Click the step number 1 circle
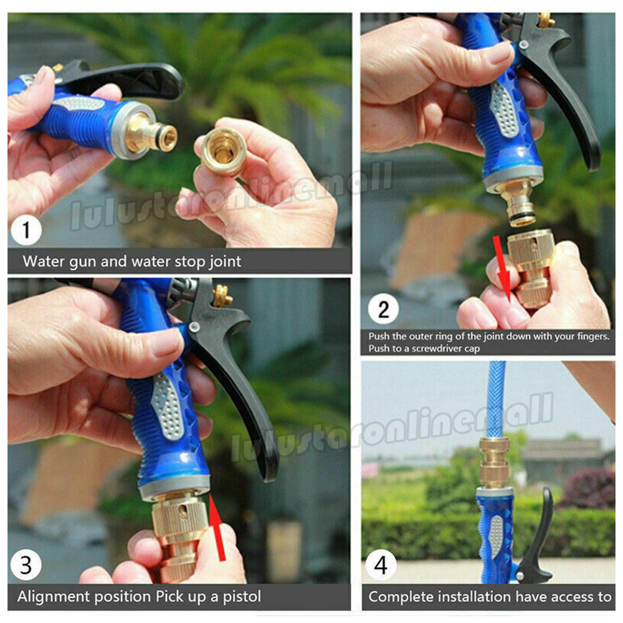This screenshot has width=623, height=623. (x=26, y=230)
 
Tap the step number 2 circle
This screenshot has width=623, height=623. (x=383, y=310)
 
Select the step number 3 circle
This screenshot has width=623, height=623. (x=26, y=564)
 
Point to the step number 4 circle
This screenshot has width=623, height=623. (x=381, y=564)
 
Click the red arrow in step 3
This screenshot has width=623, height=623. (x=217, y=528)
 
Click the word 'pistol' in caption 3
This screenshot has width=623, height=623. (x=242, y=596)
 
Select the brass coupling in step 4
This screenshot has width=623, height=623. (x=494, y=462)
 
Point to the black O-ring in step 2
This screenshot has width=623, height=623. (x=522, y=217)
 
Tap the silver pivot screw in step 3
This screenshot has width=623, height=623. (x=194, y=328)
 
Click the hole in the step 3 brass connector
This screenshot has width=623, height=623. (x=184, y=513)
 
